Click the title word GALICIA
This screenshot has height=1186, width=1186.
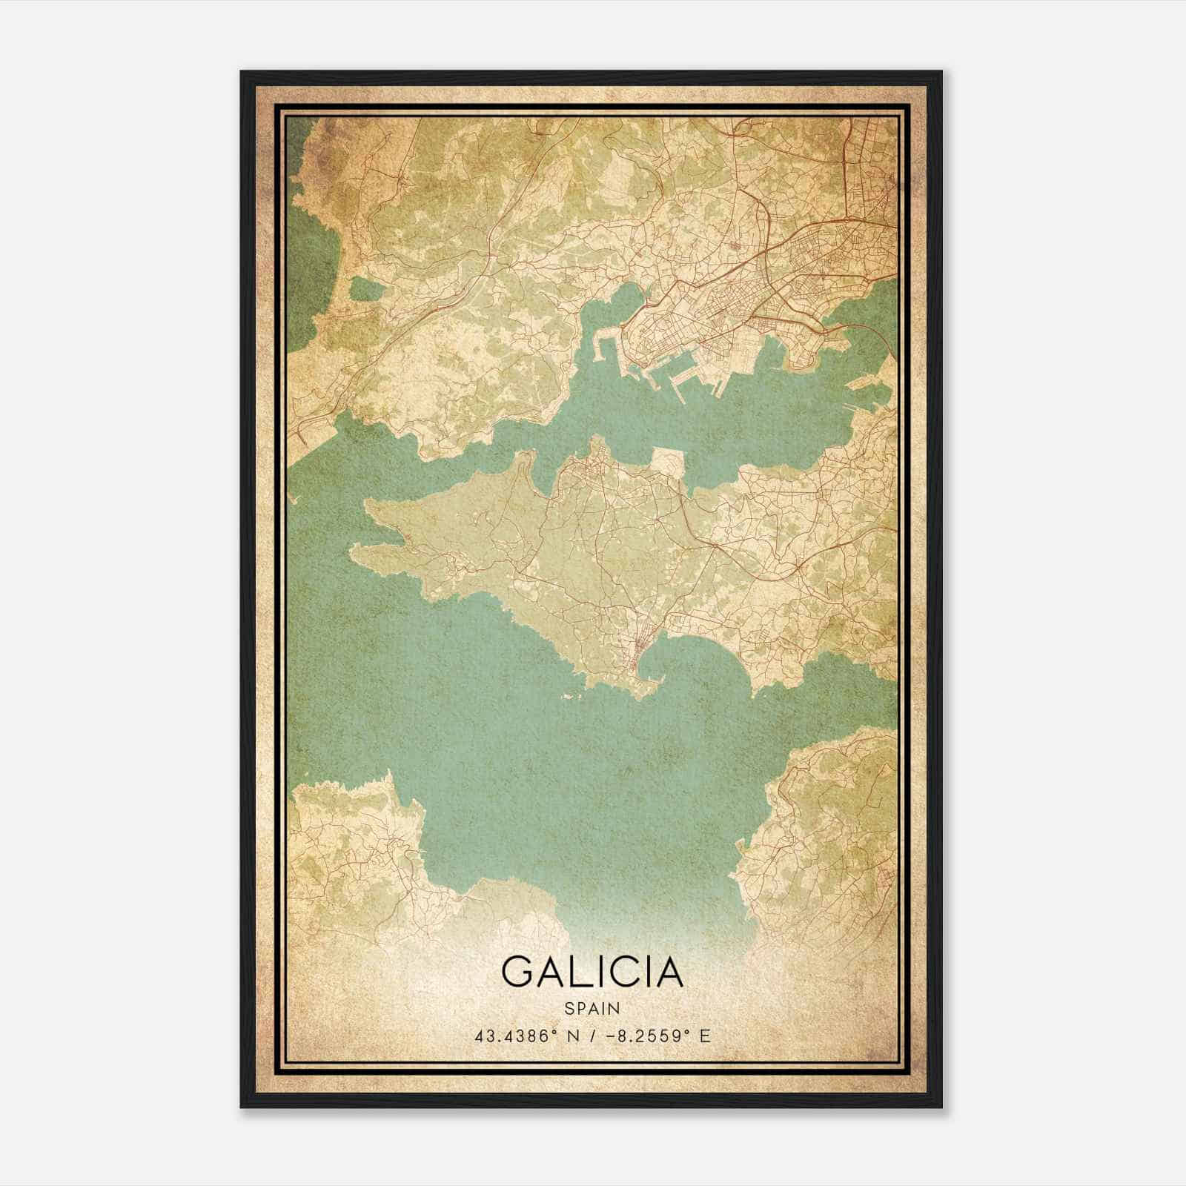(592, 971)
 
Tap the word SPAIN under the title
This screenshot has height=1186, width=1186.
(592, 1008)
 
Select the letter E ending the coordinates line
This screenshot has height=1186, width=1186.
(705, 1036)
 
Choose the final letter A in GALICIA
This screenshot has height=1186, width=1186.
(667, 971)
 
